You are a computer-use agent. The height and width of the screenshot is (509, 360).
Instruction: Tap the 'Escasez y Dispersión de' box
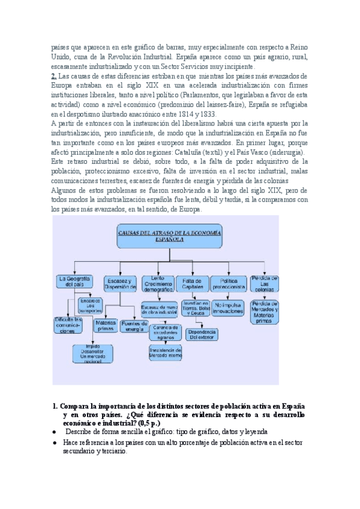tap(121, 283)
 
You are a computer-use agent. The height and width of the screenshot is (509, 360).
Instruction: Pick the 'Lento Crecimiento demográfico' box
tap(158, 283)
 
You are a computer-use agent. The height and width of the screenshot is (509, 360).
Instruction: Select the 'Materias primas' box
tap(105, 325)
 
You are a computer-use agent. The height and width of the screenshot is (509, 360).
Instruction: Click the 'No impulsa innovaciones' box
tap(228, 308)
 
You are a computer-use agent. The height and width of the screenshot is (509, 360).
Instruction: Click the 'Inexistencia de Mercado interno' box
tap(165, 352)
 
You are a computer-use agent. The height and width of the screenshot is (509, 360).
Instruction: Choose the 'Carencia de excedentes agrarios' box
tap(165, 331)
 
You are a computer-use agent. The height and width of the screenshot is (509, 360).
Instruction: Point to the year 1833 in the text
tap(209, 115)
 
